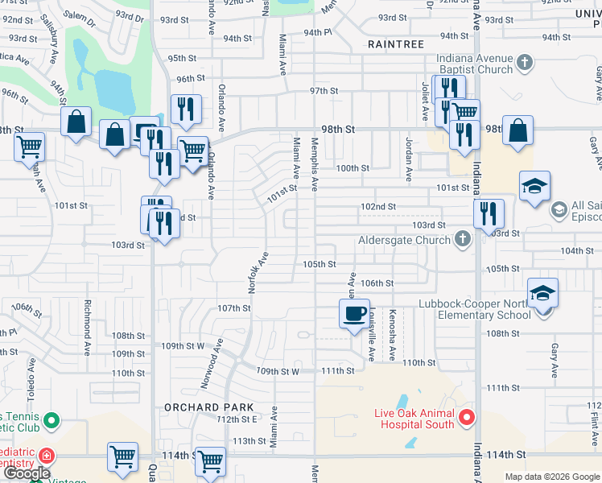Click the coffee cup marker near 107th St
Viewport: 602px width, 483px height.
coord(355,313)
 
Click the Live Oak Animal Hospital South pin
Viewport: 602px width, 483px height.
coord(467,417)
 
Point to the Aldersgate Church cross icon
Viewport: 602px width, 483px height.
coord(462,238)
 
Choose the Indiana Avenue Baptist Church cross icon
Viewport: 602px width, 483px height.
coord(524,61)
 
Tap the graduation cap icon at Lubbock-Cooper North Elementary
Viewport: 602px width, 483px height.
coord(542,293)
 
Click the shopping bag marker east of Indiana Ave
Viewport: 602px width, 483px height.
coord(517,130)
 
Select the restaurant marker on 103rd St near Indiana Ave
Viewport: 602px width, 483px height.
coord(489,214)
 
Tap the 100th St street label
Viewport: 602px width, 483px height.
coord(353,168)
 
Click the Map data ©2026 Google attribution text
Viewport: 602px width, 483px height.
coord(551,477)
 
